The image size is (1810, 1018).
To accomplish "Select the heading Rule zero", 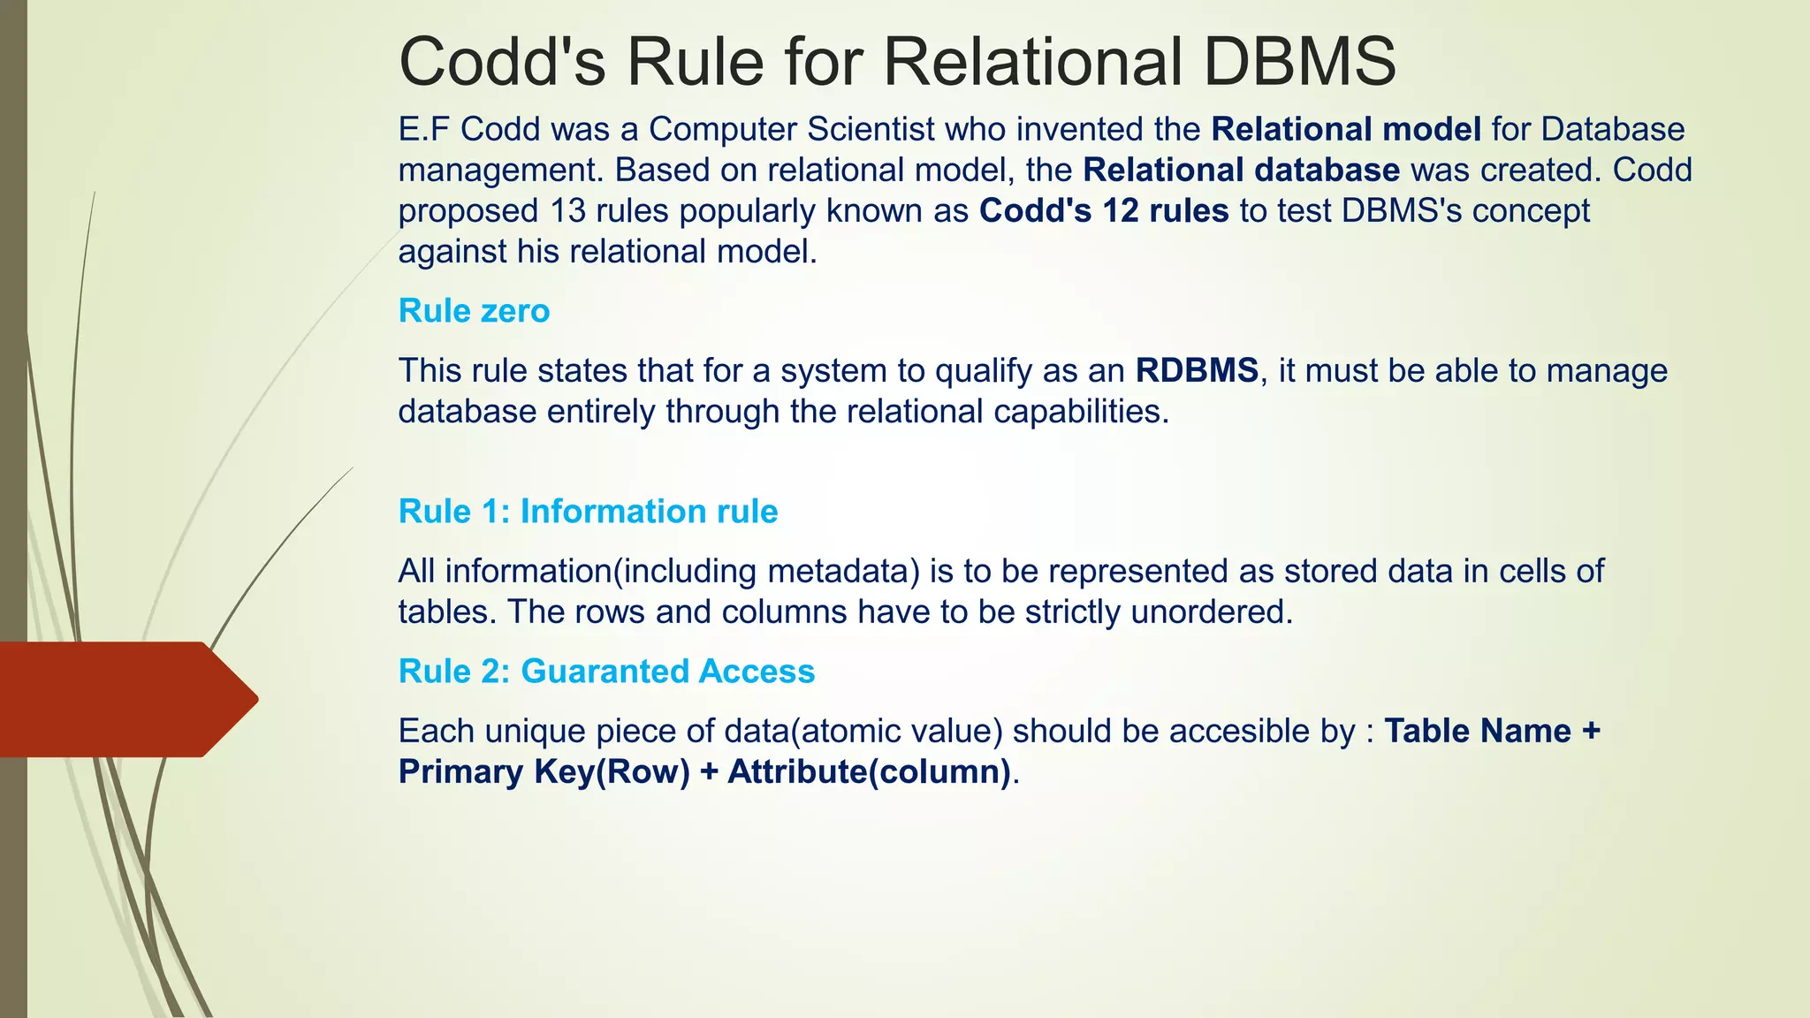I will (474, 311).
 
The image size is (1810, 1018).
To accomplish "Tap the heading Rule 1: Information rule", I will (588, 512).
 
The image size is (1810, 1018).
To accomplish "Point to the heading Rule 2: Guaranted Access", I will (606, 672).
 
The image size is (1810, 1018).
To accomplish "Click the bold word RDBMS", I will (1197, 370).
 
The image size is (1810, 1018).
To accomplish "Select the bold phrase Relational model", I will (1346, 129).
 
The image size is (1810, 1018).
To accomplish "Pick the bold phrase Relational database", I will (1242, 170).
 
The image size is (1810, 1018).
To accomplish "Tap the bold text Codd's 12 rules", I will (1104, 210).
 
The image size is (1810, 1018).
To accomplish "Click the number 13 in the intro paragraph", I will (568, 210).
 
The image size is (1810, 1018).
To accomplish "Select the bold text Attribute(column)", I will (869, 771).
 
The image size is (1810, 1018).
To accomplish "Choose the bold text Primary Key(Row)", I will (544, 771).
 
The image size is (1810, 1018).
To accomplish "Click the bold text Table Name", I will (1478, 731).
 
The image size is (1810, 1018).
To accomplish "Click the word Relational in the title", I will (1033, 62).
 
